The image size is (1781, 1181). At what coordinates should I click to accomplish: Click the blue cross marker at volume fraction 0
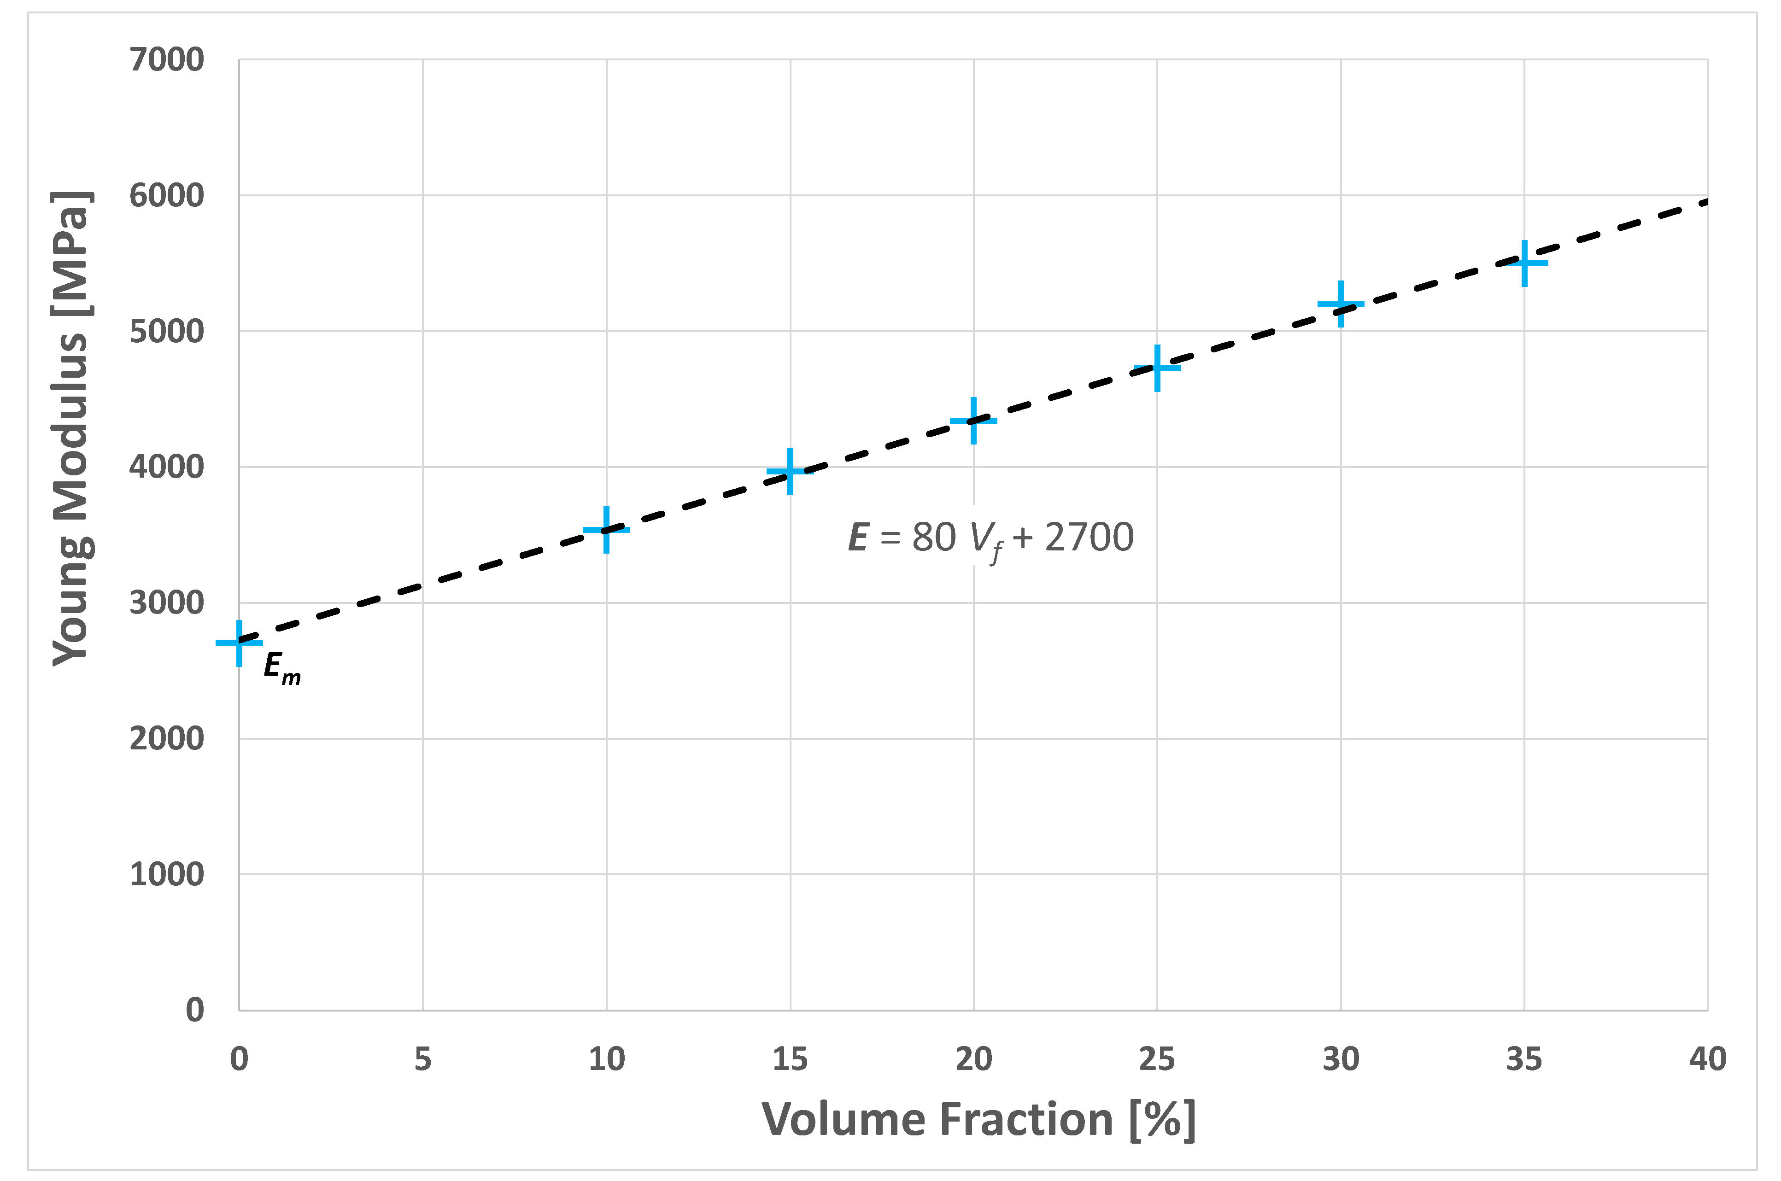point(239,643)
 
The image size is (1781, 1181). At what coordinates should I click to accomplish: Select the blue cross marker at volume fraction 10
point(606,530)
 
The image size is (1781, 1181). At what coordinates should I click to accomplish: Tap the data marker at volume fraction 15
point(790,472)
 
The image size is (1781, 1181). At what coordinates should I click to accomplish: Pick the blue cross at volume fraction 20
point(973,420)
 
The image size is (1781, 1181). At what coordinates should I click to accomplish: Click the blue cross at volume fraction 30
point(1341,304)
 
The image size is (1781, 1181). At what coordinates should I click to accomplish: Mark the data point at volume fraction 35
point(1524,263)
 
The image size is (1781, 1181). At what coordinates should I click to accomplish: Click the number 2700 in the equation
point(1089,537)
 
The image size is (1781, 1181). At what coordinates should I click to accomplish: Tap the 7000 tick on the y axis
point(166,59)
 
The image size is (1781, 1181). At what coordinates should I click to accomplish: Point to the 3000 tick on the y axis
point(166,602)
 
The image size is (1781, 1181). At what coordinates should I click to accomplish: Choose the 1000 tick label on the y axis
point(166,874)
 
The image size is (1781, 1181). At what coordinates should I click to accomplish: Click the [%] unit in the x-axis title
point(1162,1120)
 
